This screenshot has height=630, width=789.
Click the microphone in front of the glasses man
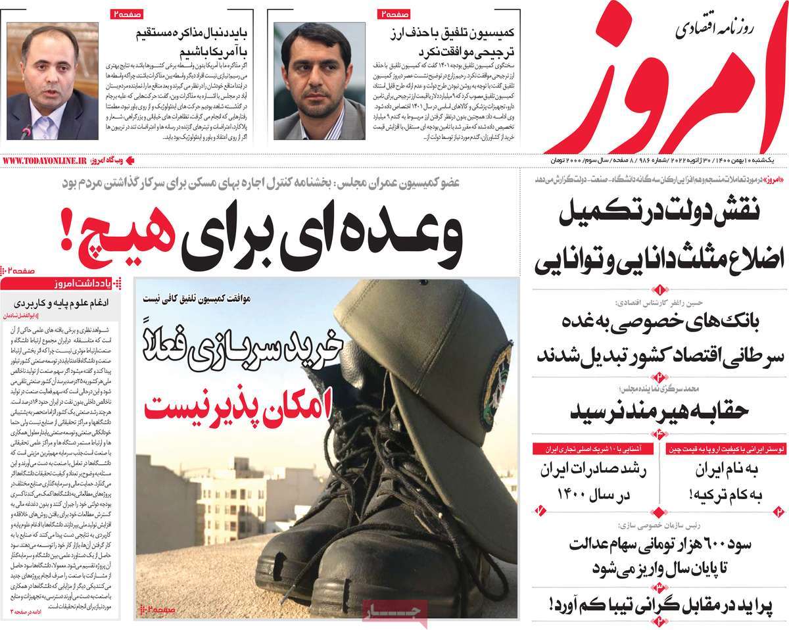(26, 132)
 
